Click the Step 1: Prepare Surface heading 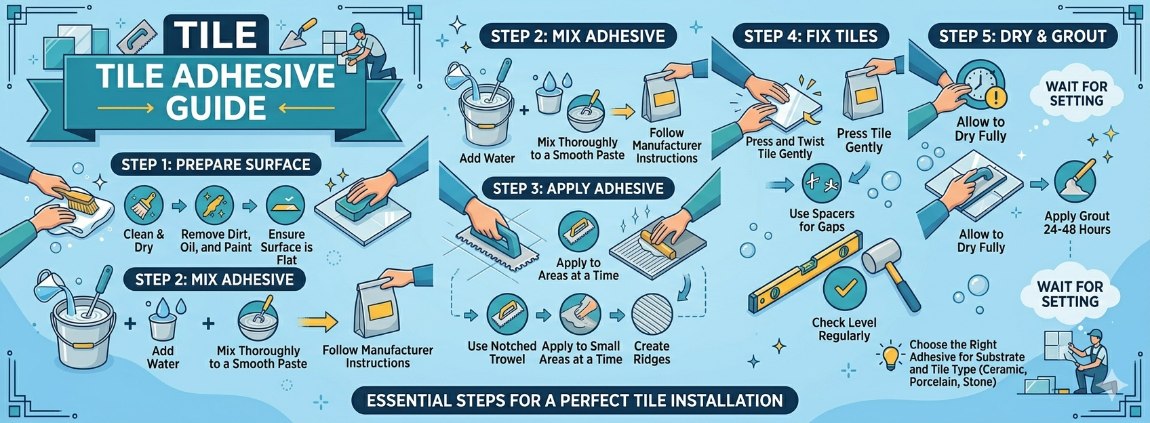coord(215,165)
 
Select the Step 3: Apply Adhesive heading coord(578,188)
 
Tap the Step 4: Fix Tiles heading coord(810,37)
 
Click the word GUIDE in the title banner coord(216,108)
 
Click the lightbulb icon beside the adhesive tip coord(890,356)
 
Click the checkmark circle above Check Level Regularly coord(844,289)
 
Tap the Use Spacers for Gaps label coord(821,220)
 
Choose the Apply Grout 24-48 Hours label coord(1076,222)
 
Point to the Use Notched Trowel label coord(502,352)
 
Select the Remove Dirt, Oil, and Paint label coord(216,241)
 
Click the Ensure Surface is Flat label coord(286,247)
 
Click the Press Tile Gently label coord(863,140)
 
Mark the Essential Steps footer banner coord(574,401)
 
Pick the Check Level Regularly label coord(844,329)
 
